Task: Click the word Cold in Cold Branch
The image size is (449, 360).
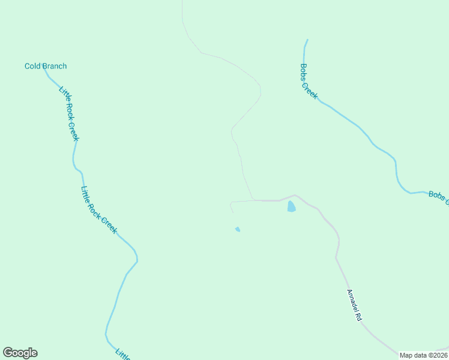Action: [x=32, y=66]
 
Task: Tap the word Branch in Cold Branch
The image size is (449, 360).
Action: [x=53, y=66]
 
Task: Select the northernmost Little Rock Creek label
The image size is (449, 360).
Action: [x=69, y=114]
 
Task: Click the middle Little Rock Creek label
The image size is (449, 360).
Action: [x=98, y=209]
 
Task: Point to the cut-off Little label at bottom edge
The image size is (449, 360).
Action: [x=123, y=355]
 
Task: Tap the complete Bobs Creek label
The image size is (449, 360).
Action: [x=309, y=82]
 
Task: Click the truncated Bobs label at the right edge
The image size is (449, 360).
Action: [x=438, y=197]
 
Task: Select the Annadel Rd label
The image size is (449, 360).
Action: [x=354, y=305]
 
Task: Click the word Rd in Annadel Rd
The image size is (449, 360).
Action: [x=359, y=316]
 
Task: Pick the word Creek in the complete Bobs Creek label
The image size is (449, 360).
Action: [x=311, y=89]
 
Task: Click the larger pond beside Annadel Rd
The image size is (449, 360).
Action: [x=291, y=206]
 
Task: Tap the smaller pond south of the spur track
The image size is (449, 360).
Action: [x=238, y=229]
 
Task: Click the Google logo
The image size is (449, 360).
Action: [x=20, y=353]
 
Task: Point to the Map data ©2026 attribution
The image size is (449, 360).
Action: [x=423, y=355]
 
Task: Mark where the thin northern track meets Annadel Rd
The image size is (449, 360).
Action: [x=253, y=200]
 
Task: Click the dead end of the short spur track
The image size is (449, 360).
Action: [x=233, y=212]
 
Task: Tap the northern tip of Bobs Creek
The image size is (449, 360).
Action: [x=307, y=40]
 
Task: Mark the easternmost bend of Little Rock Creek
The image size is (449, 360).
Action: [x=137, y=260]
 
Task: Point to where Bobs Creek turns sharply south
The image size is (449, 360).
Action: [x=395, y=160]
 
